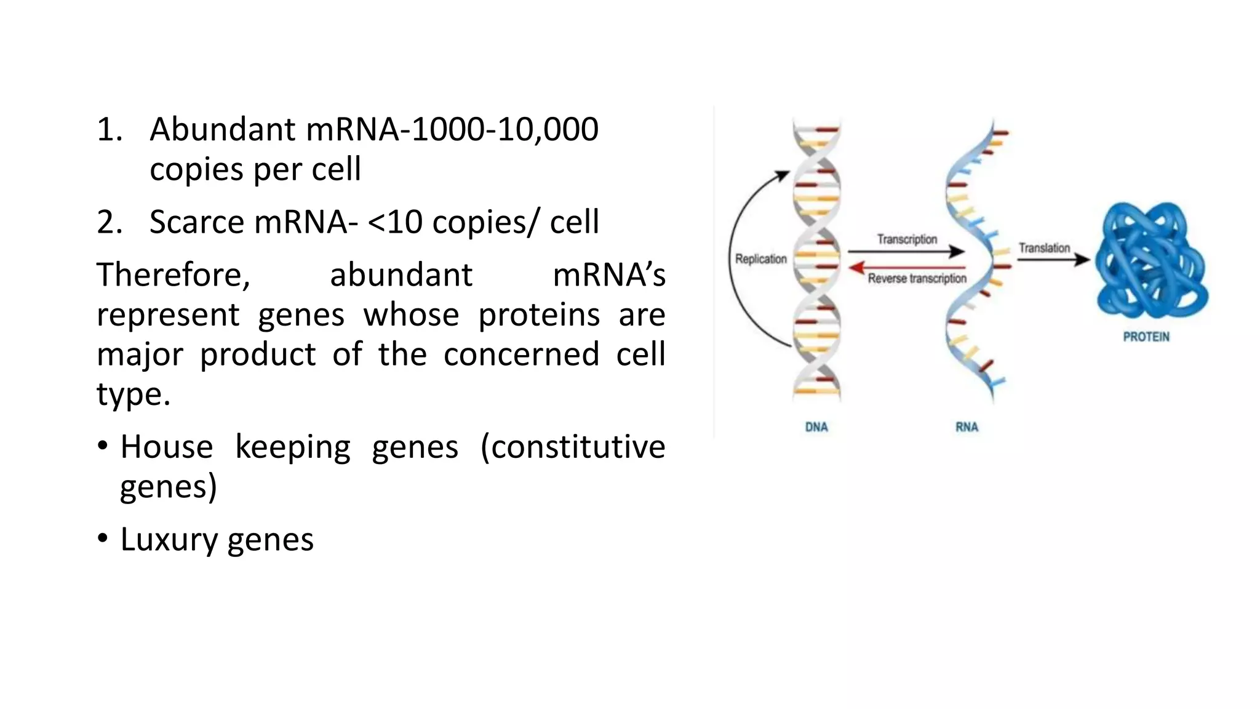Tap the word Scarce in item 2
pos(196,222)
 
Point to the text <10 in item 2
pos(394,222)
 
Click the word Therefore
pos(173,274)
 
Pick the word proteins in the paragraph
pos(538,315)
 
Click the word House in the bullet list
pos(166,447)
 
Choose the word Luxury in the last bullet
pos(168,540)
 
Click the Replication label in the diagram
pos(760,259)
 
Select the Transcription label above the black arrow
pos(907,239)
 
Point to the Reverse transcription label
pos(917,279)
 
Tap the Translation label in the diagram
pos(1044,248)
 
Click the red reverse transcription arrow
pos(907,267)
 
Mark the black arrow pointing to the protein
pos(1053,260)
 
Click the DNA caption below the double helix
pos(816,427)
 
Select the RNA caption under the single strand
pos(967,427)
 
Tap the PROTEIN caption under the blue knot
pos(1146,337)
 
